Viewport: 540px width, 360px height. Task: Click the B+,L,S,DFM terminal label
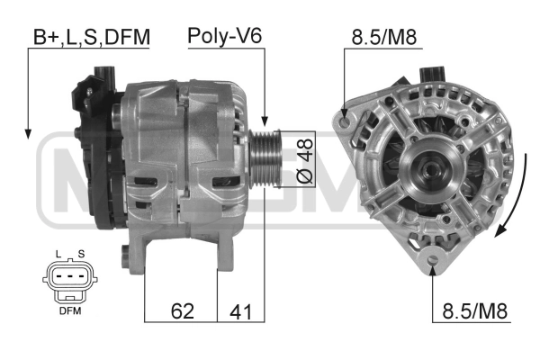click(92, 37)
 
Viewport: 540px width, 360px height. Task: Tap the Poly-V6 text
click(225, 36)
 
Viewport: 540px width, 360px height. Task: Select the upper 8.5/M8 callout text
click(384, 37)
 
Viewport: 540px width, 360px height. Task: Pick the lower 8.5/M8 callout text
click(474, 311)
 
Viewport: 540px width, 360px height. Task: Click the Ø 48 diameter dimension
click(305, 160)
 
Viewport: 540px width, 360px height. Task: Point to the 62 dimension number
click(183, 311)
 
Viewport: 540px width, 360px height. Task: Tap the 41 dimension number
click(240, 311)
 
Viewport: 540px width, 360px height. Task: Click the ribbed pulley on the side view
click(265, 158)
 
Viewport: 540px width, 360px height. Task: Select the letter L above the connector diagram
click(58, 254)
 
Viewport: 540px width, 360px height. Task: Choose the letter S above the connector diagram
click(81, 254)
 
